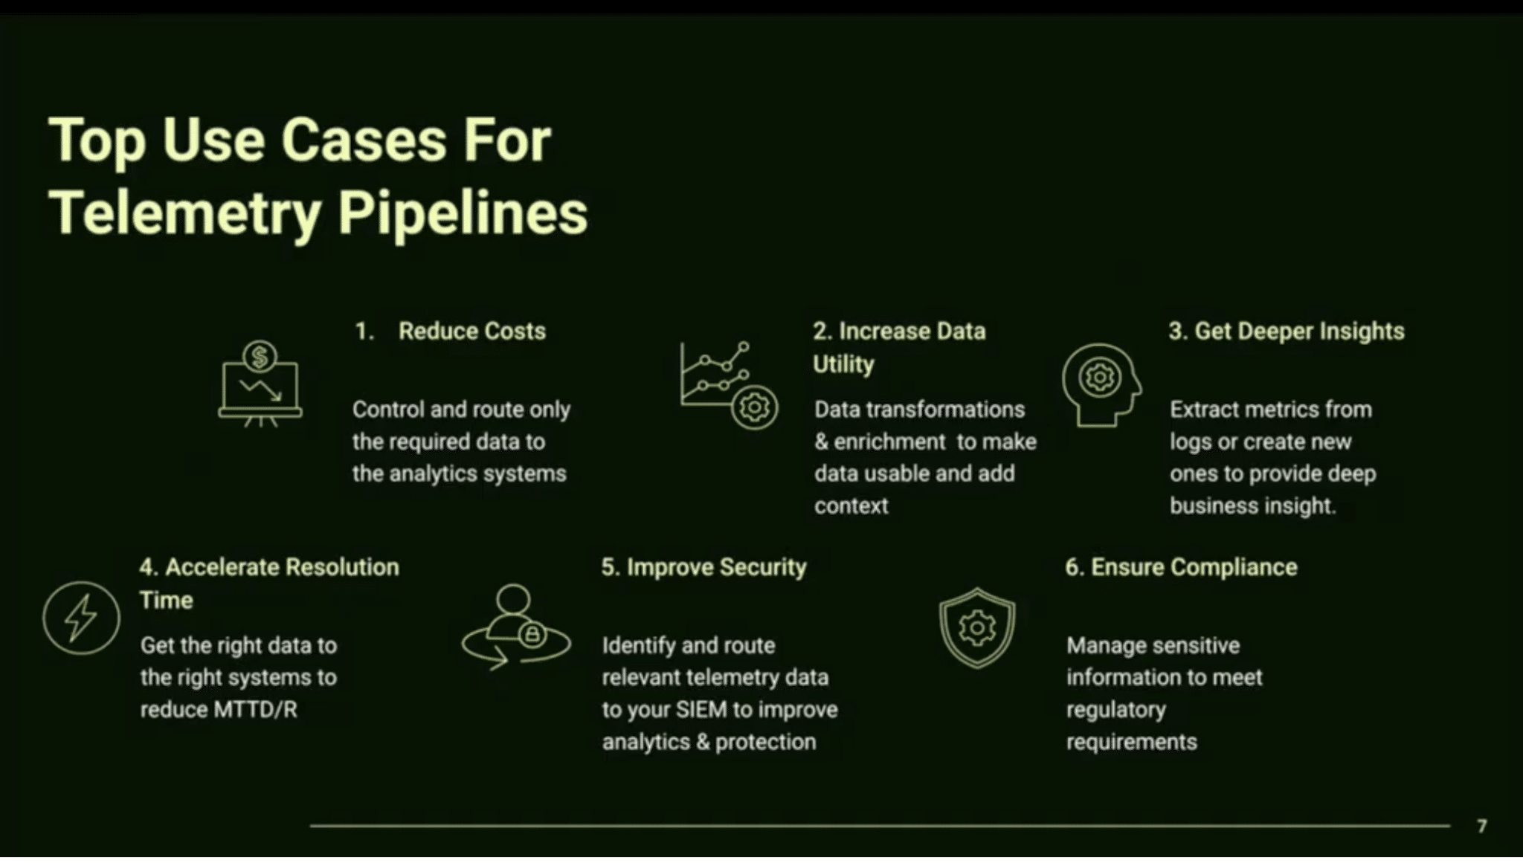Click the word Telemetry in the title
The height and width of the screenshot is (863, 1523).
185,214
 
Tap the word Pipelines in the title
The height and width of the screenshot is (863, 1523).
463,214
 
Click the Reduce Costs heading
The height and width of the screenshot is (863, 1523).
472,331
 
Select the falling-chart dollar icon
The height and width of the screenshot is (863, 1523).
260,384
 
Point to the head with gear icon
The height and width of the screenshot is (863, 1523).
1101,384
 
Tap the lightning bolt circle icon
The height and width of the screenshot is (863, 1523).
81,618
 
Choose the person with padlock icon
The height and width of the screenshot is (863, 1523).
516,627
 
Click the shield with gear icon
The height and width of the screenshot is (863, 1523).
977,628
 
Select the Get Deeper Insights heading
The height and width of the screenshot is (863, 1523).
1287,331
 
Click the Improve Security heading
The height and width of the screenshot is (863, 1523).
703,567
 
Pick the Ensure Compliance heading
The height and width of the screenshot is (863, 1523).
1181,567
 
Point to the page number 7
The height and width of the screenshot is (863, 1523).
1482,826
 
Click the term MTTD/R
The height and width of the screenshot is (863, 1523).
255,710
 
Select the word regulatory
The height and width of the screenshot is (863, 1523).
1116,711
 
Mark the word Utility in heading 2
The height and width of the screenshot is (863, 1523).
843,364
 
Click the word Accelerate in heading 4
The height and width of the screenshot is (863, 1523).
222,567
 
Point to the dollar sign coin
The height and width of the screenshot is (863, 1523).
260,357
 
